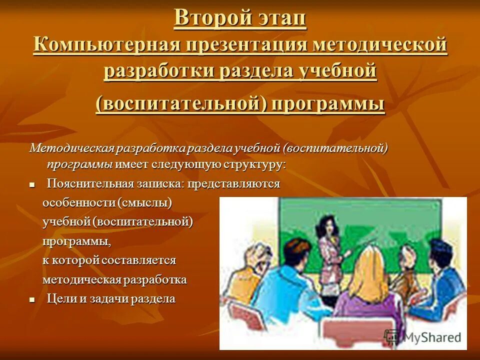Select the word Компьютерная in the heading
pyautogui.click(x=106, y=45)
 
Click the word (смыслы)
pyautogui.click(x=144, y=203)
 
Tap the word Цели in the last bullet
pyautogui.click(x=60, y=299)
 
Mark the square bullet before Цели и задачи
pyautogui.click(x=32, y=300)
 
